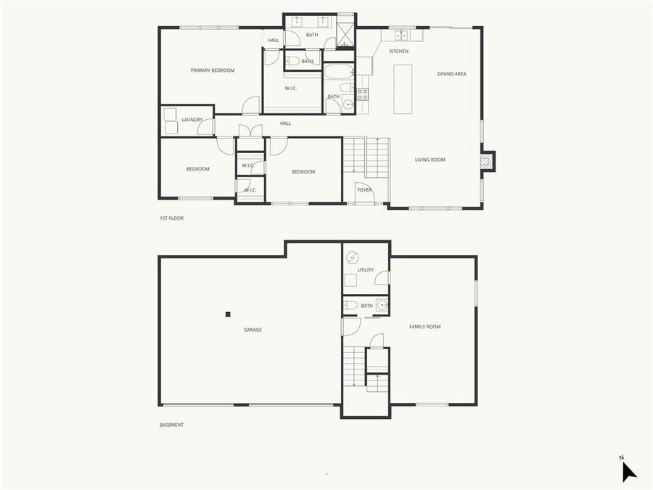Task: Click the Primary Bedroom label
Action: click(213, 70)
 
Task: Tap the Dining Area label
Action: click(451, 74)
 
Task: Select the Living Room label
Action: click(430, 160)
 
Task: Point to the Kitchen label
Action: click(398, 52)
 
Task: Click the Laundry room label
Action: click(192, 120)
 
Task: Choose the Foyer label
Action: click(364, 190)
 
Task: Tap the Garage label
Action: click(252, 330)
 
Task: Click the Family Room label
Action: click(424, 327)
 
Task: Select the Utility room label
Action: click(365, 270)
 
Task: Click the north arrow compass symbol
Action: click(628, 471)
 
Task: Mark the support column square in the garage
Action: click(228, 314)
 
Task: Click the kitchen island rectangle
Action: click(403, 89)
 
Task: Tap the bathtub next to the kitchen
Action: click(338, 72)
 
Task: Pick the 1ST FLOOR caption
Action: click(171, 218)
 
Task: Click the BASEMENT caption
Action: click(171, 425)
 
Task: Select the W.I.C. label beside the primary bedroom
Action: click(290, 89)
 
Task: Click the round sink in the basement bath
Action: click(382, 306)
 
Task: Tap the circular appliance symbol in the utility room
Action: click(352, 257)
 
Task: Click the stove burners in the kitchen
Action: click(362, 94)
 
